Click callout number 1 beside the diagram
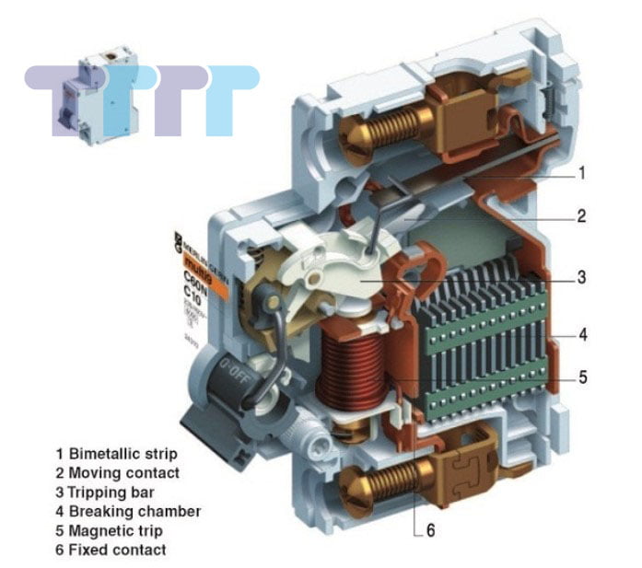click(581, 172)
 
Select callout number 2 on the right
click(581, 217)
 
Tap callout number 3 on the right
click(581, 275)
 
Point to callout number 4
click(583, 333)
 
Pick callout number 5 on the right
click(583, 376)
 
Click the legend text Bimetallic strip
click(123, 453)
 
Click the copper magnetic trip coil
click(353, 365)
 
